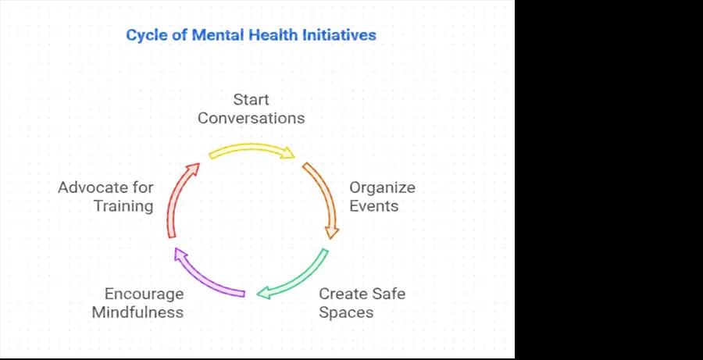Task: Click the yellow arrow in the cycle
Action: coord(251,148)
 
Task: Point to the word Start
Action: coord(251,99)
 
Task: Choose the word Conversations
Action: coord(251,119)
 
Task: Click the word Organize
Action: coord(383,187)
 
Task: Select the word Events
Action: coord(374,206)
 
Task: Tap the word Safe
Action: coord(389,294)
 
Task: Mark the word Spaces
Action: coord(346,312)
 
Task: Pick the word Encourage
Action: coord(144,294)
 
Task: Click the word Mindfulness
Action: coord(137,312)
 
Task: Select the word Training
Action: coord(123,206)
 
